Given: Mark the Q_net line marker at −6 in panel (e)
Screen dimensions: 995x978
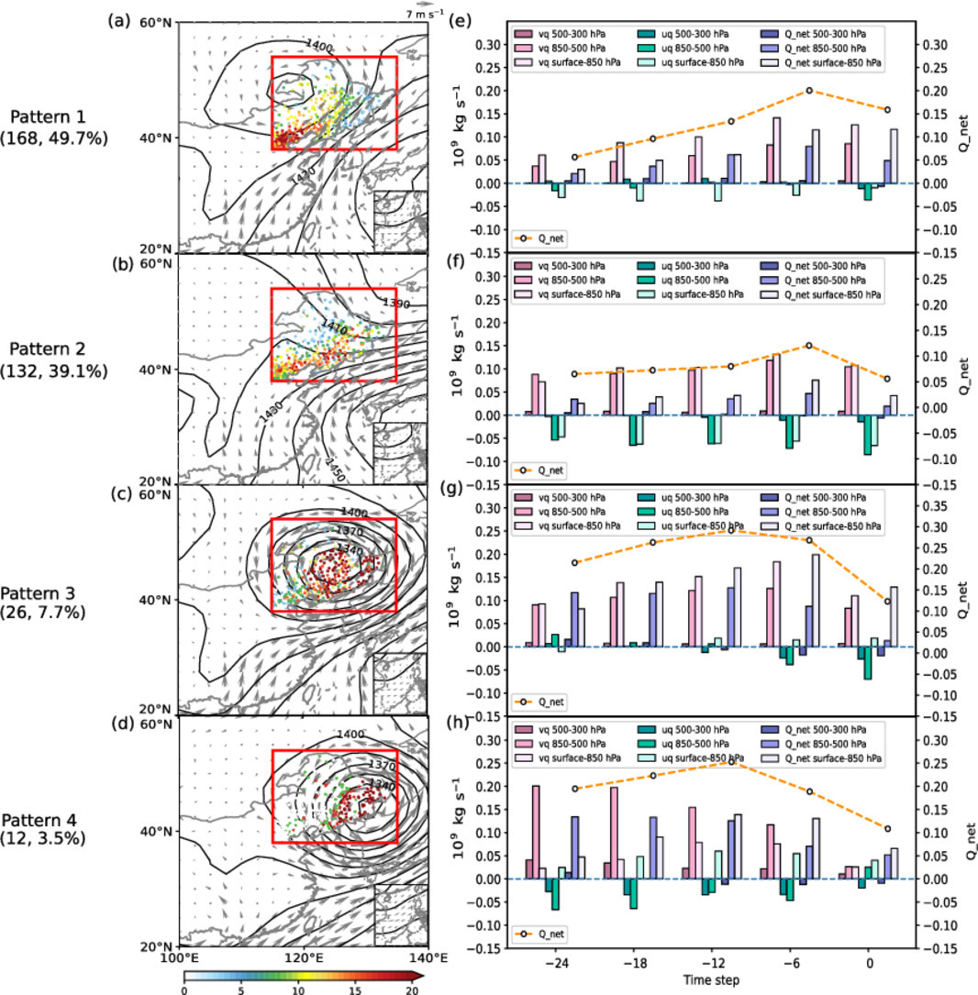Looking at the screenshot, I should pos(809,91).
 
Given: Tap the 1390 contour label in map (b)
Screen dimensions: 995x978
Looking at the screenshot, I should pos(397,303).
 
